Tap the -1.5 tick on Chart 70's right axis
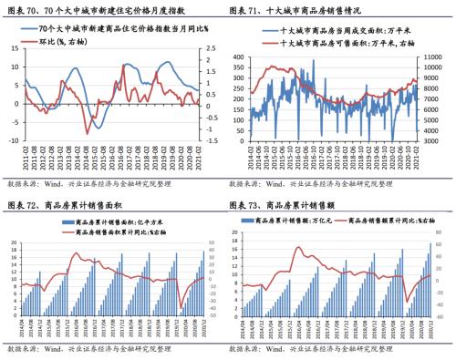pos(210,142)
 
